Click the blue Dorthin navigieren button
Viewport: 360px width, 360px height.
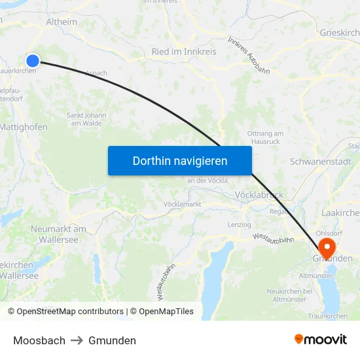[x=180, y=160]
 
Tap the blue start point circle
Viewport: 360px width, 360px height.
[x=33, y=60]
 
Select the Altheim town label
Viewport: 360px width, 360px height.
[x=62, y=22]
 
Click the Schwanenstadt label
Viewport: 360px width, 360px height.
[x=320, y=162]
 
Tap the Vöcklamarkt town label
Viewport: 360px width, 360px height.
[x=182, y=204]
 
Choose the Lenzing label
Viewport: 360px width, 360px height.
[x=239, y=225]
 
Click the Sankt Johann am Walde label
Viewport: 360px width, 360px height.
[x=86, y=118]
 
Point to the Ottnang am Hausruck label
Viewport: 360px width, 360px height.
[x=265, y=137]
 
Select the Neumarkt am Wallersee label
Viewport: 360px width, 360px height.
[x=58, y=234]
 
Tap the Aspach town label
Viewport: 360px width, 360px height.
[x=96, y=74]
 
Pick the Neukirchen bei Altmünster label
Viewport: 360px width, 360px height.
[x=287, y=295]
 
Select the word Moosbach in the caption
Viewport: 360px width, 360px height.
[x=39, y=340]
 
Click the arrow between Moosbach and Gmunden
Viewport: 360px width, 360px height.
[x=77, y=340]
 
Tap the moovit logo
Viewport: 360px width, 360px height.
[x=321, y=339]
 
